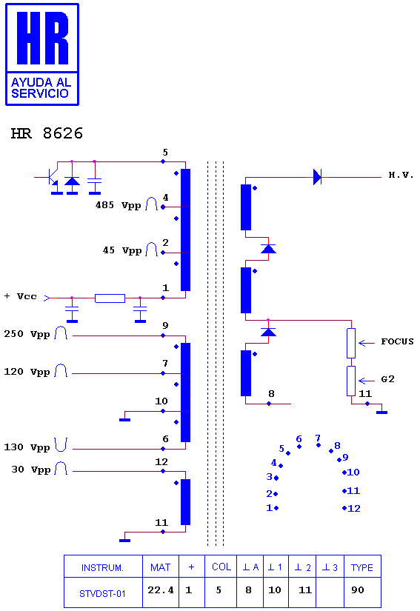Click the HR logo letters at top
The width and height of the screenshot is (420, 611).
point(42,38)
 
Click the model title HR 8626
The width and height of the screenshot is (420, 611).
point(47,133)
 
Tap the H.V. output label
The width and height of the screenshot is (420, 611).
point(401,175)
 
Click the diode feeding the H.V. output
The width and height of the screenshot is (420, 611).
point(318,177)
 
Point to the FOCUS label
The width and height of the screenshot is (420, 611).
point(397,341)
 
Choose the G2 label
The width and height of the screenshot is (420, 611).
point(387,378)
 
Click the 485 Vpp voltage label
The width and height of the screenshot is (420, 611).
point(118,205)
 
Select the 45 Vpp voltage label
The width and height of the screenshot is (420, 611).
point(122,250)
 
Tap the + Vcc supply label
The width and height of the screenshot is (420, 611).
point(21,296)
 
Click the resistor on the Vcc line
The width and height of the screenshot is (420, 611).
point(110,298)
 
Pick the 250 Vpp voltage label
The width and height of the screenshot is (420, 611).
point(27,334)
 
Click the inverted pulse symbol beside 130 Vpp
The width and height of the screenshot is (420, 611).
point(61,444)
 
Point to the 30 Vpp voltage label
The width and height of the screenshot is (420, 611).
point(31,469)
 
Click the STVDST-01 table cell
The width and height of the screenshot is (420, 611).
point(102,592)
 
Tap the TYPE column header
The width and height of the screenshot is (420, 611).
point(362,567)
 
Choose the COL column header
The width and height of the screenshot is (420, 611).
point(221,567)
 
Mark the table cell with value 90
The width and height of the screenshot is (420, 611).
point(358,590)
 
